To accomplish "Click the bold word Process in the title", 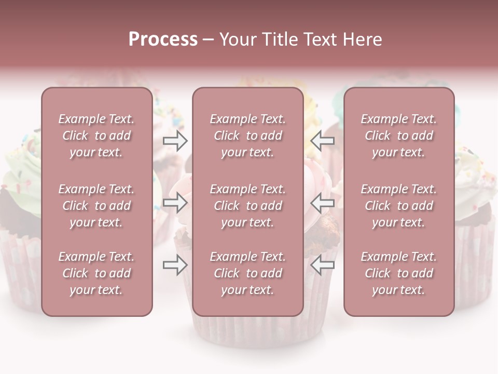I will click(163, 39).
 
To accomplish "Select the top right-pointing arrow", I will click(175, 140).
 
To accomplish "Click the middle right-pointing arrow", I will click(175, 203).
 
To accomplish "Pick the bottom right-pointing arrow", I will click(175, 265).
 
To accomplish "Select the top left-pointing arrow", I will click(323, 140).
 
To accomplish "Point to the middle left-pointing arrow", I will click(323, 203).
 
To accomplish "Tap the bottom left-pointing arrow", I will click(323, 265).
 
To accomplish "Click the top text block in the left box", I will click(96, 136).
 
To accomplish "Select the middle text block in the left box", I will click(96, 206).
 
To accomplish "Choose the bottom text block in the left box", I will click(96, 273).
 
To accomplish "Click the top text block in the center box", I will click(248, 136).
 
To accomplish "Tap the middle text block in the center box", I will click(248, 206).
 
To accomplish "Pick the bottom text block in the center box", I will click(248, 273).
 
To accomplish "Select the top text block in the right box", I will click(399, 136).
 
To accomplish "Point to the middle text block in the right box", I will click(399, 206).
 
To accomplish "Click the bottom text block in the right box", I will click(399, 273).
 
